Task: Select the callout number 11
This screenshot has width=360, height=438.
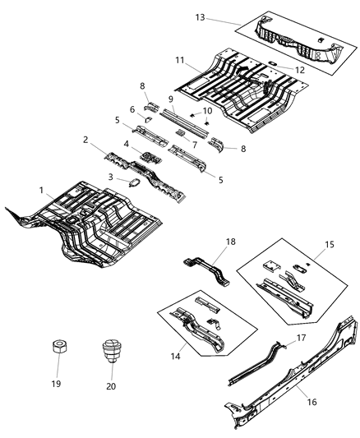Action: point(178,60)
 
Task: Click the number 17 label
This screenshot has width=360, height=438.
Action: point(302,337)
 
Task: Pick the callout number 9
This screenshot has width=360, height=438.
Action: point(171,99)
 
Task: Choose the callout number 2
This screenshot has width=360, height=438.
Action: point(84,141)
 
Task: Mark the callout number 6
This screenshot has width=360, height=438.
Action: point(132,109)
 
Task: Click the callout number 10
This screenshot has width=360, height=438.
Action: point(207,111)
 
